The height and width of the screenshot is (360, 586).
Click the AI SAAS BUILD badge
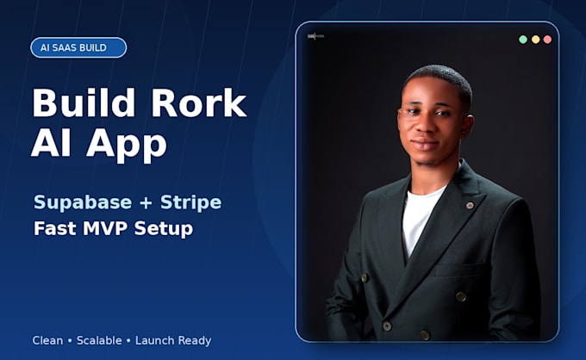[x=78, y=48]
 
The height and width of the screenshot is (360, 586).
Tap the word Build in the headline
[x=84, y=102]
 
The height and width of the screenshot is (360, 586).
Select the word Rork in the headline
[x=198, y=102]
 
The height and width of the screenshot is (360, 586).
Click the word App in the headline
[x=127, y=144]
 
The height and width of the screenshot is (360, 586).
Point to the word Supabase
[x=83, y=202]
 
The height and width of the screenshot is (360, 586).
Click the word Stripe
[x=190, y=202]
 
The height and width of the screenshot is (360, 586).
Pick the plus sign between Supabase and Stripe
[x=146, y=203]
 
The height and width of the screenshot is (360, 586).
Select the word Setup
[x=164, y=229]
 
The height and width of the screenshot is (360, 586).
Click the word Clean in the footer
[x=47, y=340]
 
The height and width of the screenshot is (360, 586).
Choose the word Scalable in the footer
[x=99, y=340]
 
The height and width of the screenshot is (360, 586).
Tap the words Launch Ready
[x=173, y=341]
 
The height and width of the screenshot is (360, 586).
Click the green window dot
[x=523, y=40]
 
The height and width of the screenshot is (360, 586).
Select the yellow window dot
[x=535, y=40]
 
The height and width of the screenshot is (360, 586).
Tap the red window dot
[x=547, y=40]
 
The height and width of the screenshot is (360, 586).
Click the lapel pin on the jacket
[x=470, y=205]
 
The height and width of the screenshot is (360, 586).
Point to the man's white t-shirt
[x=419, y=216]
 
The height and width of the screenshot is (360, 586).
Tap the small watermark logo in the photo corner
[x=315, y=36]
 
